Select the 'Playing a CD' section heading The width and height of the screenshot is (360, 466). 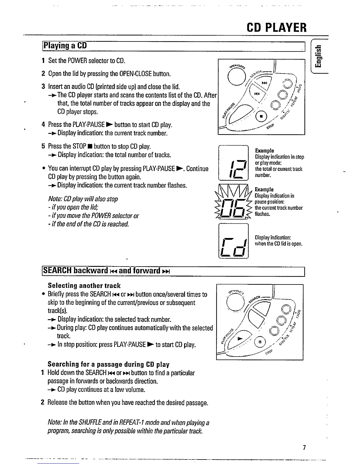(65, 46)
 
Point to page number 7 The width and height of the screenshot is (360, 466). (305, 448)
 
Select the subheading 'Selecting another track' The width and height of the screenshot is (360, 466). (84, 286)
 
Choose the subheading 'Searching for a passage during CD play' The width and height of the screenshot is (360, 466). (109, 365)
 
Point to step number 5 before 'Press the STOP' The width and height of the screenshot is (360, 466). (43, 146)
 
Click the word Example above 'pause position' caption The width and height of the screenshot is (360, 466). (264, 189)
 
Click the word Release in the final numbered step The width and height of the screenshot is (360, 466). (57, 402)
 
